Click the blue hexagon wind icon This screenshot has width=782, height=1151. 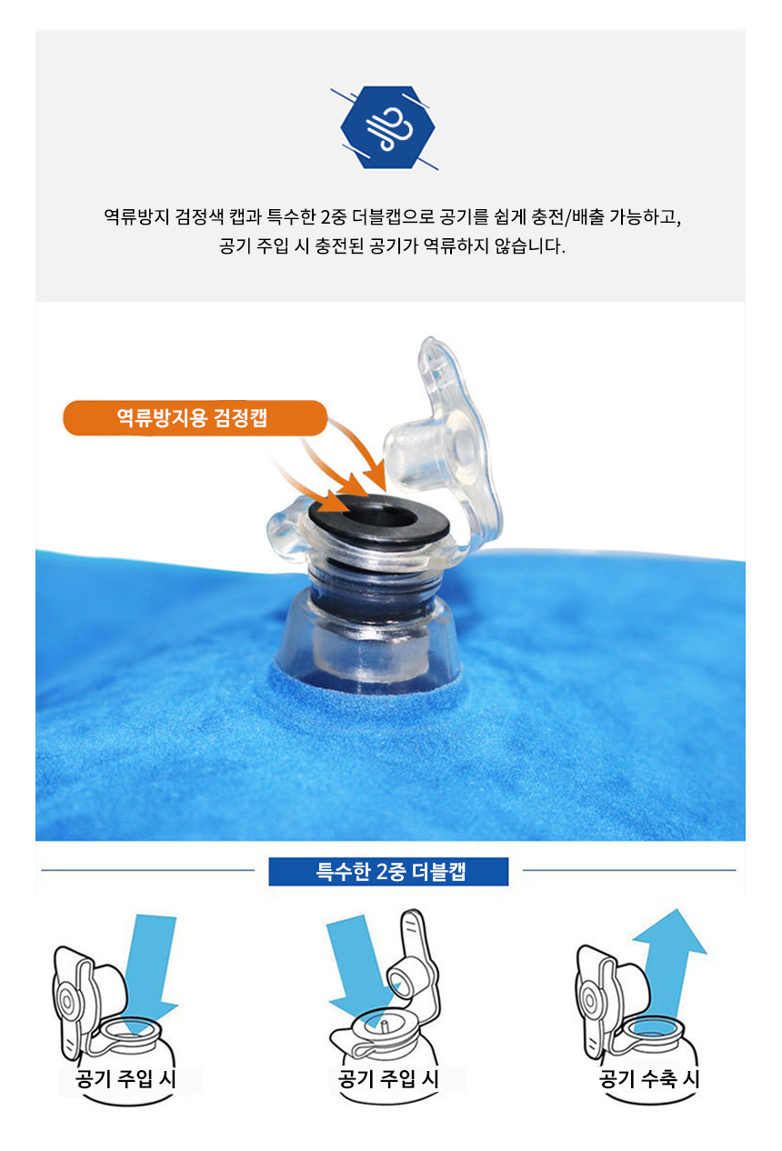pos(388,127)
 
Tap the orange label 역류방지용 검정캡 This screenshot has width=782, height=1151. pos(195,417)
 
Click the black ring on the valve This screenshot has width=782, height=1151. pos(378,517)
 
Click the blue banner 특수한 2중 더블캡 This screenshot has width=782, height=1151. pos(388,872)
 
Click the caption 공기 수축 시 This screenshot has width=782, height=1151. pos(649,1078)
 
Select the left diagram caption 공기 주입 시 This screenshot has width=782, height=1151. pos(125,1078)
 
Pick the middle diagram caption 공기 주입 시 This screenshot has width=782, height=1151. pos(388,1078)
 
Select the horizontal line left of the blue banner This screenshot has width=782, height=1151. pos(148,870)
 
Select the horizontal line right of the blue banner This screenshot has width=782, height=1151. pos(629,870)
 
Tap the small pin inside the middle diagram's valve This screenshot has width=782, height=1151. pos(384,1026)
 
